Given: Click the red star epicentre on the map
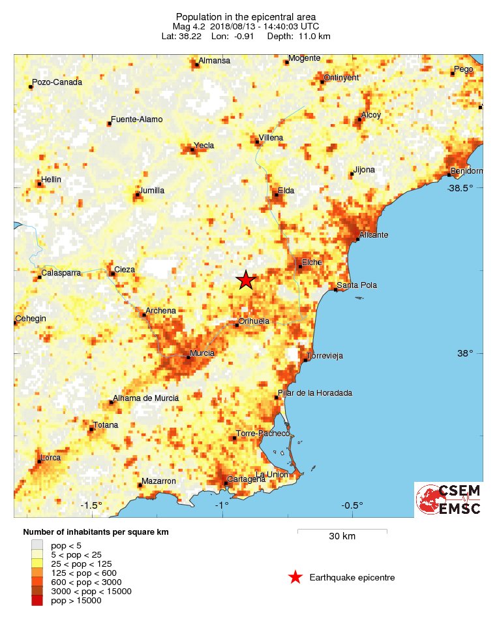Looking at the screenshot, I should tap(245, 279).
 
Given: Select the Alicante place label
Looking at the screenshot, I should tap(374, 234).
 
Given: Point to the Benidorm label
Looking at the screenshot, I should tap(467, 171).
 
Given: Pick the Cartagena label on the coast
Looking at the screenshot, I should tap(247, 479).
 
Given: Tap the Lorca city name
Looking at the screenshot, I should tap(51, 458).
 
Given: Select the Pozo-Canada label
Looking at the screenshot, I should tap(58, 82).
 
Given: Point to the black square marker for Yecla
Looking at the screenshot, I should tap(192, 150).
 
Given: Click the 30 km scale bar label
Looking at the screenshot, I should tap(342, 537).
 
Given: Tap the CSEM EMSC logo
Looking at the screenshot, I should tap(449, 500).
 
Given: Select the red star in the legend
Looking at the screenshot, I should tap(295, 577).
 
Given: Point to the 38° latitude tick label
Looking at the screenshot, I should tap(464, 353).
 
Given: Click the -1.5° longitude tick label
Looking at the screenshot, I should tap(92, 505).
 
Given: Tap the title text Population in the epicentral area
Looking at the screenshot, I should tap(246, 16).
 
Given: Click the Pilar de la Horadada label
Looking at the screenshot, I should tap(315, 393).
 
